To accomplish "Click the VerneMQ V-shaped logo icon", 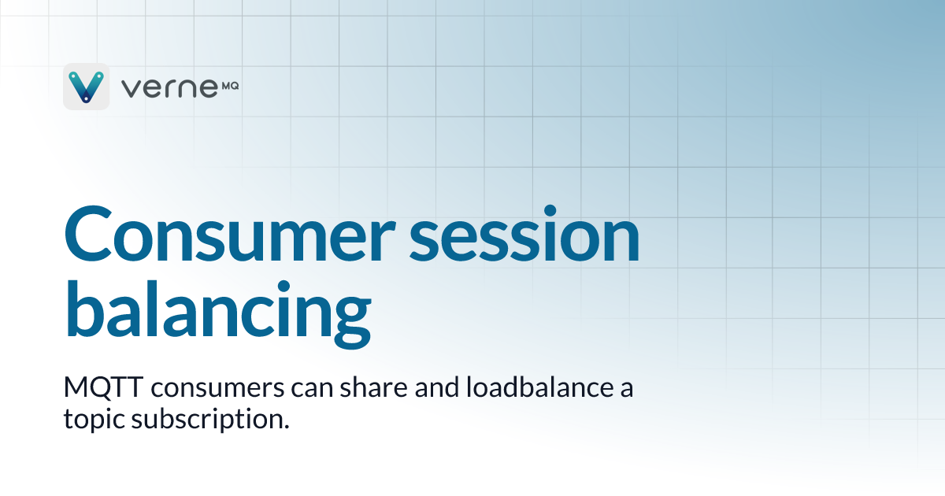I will [x=86, y=87].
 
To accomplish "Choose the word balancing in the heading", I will [x=217, y=311].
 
